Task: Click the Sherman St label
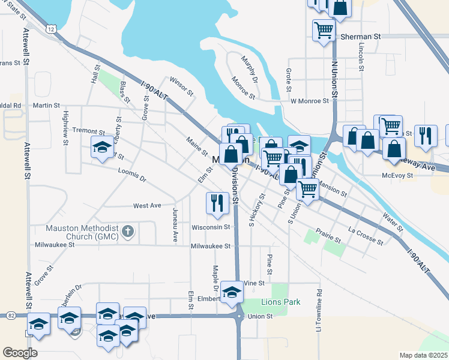click(x=361, y=37)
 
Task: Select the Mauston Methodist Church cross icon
click(x=127, y=230)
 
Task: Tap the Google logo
click(x=20, y=353)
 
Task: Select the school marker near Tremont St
click(x=101, y=146)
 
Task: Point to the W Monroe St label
click(x=310, y=101)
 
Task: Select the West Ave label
click(x=147, y=205)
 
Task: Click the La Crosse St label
click(x=366, y=235)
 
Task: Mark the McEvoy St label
click(x=398, y=175)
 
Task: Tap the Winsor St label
click(x=181, y=86)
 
